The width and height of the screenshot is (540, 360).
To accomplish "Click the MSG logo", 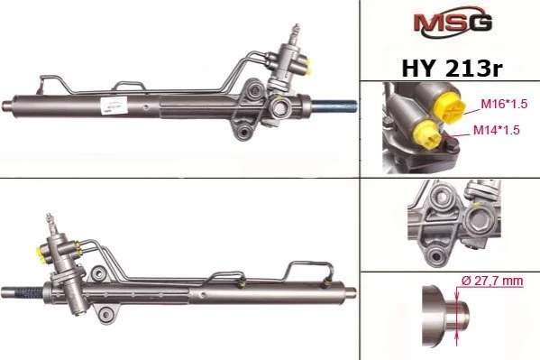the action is coord(453,22).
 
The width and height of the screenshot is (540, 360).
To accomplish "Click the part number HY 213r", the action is coord(452,69).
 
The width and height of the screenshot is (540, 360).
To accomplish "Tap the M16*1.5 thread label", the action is coord(504,104).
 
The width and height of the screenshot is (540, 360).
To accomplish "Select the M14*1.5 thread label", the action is coord(496,130).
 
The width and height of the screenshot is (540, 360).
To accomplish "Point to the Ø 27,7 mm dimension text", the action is coord(492,281).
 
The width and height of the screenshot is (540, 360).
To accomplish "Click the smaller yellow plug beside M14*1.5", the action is coord(427,135).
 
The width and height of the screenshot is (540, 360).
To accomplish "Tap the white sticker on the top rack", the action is coord(114,105).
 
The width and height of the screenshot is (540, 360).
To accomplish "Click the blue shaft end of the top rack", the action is coord(334,106).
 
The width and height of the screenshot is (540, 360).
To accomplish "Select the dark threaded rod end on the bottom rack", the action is coord(29,292).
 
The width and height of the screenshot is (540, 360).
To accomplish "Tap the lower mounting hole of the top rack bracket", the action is coord(245,132).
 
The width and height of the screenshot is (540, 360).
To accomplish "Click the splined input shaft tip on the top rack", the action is coord(296,31).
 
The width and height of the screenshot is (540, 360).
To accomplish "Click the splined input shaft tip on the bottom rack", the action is coord(50,220).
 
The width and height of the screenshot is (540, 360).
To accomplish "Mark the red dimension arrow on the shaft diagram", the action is coord(457,317).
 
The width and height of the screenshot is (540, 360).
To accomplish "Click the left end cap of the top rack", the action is coord(7,105).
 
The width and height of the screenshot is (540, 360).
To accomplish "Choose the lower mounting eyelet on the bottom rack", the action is coord(106,314).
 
